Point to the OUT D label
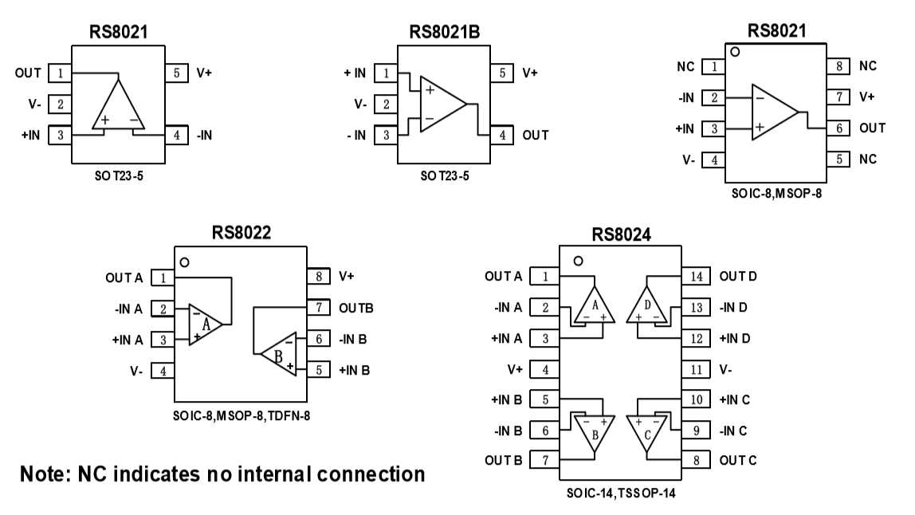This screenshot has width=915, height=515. click(738, 277)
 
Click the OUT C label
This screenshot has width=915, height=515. click(738, 460)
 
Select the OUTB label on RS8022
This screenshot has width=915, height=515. click(356, 307)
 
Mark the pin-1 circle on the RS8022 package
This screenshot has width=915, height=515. click(185, 261)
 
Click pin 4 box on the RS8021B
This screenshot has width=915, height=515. click(501, 136)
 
